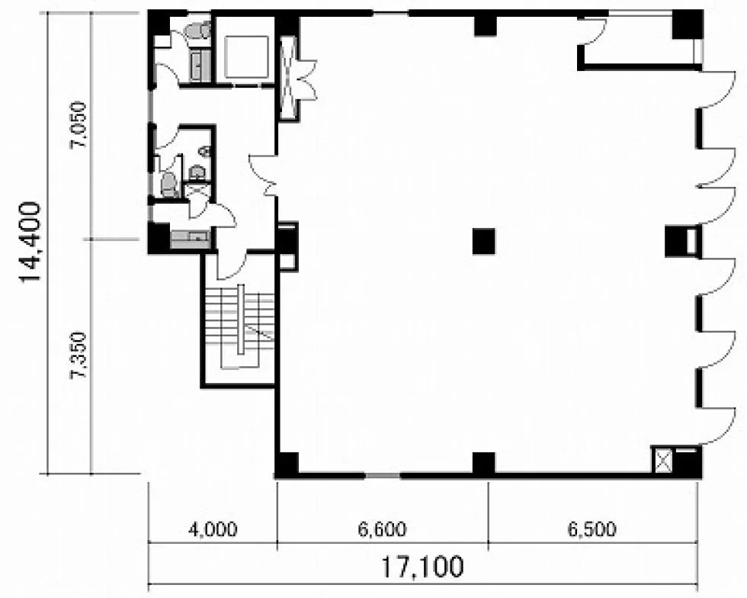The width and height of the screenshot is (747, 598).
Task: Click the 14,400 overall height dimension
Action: pyautogui.click(x=30, y=243)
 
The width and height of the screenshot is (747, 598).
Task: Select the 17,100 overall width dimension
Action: pyautogui.click(x=422, y=567)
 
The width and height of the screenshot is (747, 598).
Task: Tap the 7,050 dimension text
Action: pyautogui.click(x=79, y=124)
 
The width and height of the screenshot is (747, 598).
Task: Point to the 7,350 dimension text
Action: pyautogui.click(x=79, y=355)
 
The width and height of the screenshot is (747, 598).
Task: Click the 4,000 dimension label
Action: pyautogui.click(x=213, y=529)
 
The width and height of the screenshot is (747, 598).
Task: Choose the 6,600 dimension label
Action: pyautogui.click(x=383, y=529)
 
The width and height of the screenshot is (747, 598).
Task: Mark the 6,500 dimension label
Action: pyautogui.click(x=592, y=529)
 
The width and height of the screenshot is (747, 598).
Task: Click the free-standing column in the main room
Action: pyautogui.click(x=483, y=241)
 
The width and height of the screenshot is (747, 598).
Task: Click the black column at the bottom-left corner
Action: pyautogui.click(x=287, y=464)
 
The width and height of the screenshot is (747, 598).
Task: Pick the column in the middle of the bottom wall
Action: pyautogui.click(x=483, y=463)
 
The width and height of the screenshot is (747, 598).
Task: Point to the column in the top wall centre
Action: pyautogui.click(x=486, y=26)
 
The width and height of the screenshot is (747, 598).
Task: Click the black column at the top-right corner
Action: pyautogui.click(x=688, y=25)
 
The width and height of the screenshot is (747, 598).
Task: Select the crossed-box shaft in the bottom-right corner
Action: pyautogui.click(x=662, y=460)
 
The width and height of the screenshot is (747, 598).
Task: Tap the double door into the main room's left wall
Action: pyautogui.click(x=263, y=175)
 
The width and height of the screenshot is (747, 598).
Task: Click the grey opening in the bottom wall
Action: pyautogui.click(x=383, y=475)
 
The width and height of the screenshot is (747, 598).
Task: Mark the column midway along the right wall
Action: pyautogui.click(x=675, y=241)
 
